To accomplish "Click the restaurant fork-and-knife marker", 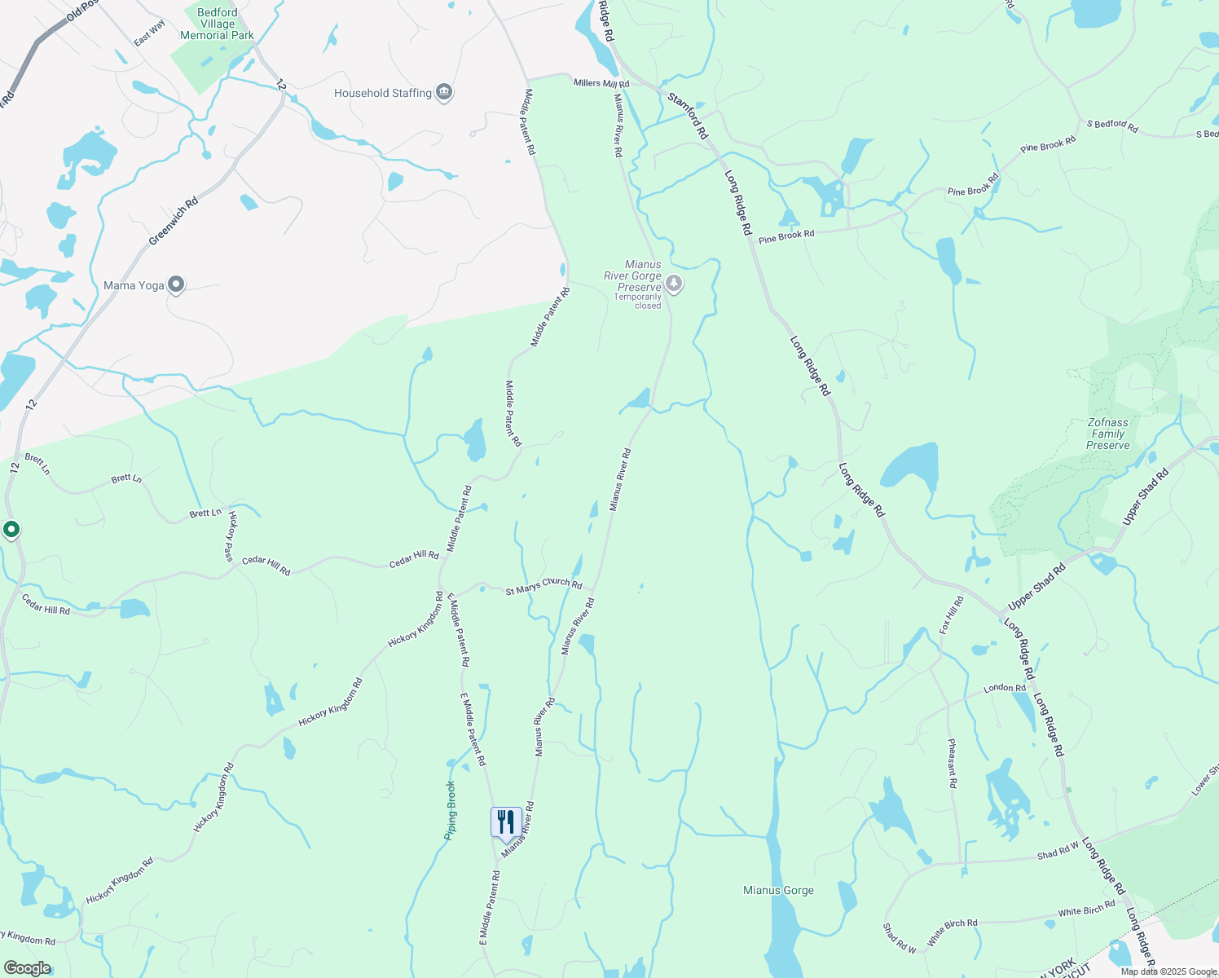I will (x=506, y=822).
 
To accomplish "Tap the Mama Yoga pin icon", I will (x=176, y=285).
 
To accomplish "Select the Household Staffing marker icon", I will (x=444, y=92).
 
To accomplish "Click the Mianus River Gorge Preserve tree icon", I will (x=674, y=284).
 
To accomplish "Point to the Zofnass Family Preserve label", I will (x=1108, y=434).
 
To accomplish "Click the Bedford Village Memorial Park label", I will (x=217, y=24).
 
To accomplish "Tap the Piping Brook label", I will (x=450, y=810).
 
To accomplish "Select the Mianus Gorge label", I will (x=778, y=890).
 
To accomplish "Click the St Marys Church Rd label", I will (x=543, y=585).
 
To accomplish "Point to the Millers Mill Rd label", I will (x=601, y=83).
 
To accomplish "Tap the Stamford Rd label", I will (x=689, y=115).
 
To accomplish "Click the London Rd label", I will (x=1005, y=689).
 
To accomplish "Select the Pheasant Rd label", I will (x=953, y=764).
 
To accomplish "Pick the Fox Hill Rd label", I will (x=951, y=615).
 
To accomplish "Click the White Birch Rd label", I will (x=1086, y=908).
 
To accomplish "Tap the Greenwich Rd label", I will (x=174, y=222).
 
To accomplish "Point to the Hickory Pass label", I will (x=231, y=535).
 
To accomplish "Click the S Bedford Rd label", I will (x=1112, y=125).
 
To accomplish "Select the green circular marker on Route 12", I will (x=11, y=530).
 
